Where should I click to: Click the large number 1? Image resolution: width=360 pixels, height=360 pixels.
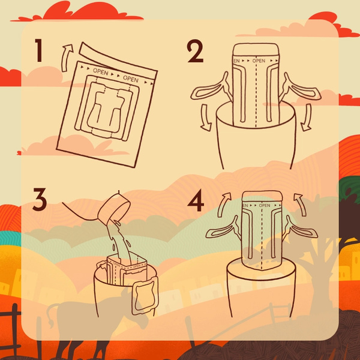38,51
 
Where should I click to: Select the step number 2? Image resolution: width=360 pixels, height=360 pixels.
196,53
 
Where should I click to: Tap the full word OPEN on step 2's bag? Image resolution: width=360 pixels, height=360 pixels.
259,61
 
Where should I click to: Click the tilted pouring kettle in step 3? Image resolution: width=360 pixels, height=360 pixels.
114,211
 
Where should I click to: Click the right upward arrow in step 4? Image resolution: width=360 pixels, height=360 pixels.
300,204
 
